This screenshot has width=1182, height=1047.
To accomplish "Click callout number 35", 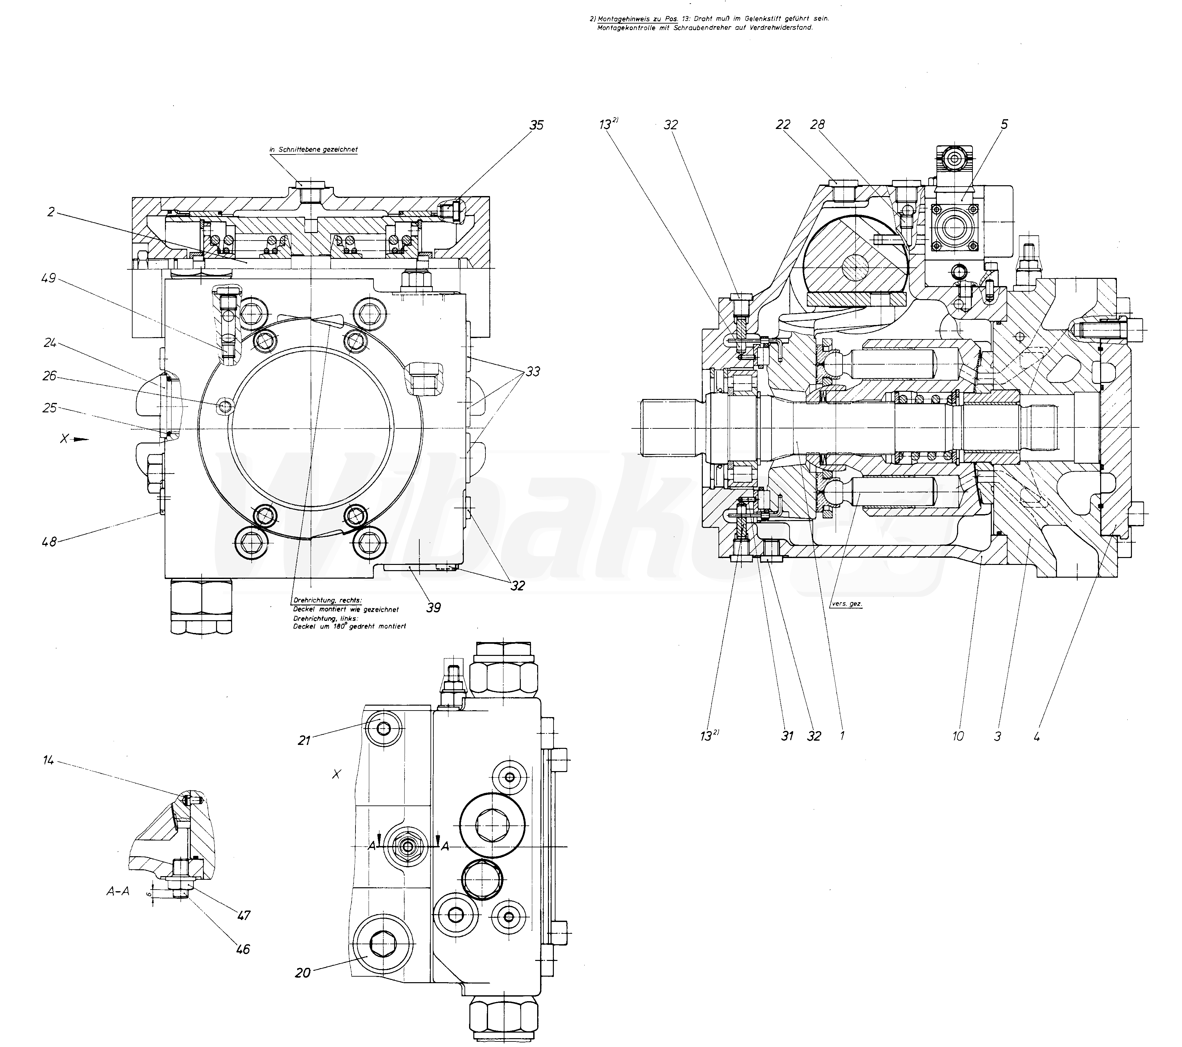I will [x=536, y=125].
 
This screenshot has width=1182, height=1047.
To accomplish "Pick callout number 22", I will [x=783, y=125].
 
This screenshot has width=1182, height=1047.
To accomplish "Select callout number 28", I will [x=817, y=125].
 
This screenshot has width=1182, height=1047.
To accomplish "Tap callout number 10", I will [x=958, y=736].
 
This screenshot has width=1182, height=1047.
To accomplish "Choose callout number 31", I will [x=787, y=736].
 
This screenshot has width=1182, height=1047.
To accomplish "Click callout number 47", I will [x=244, y=916].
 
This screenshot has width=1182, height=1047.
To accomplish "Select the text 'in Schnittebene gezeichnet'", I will [x=314, y=150].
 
